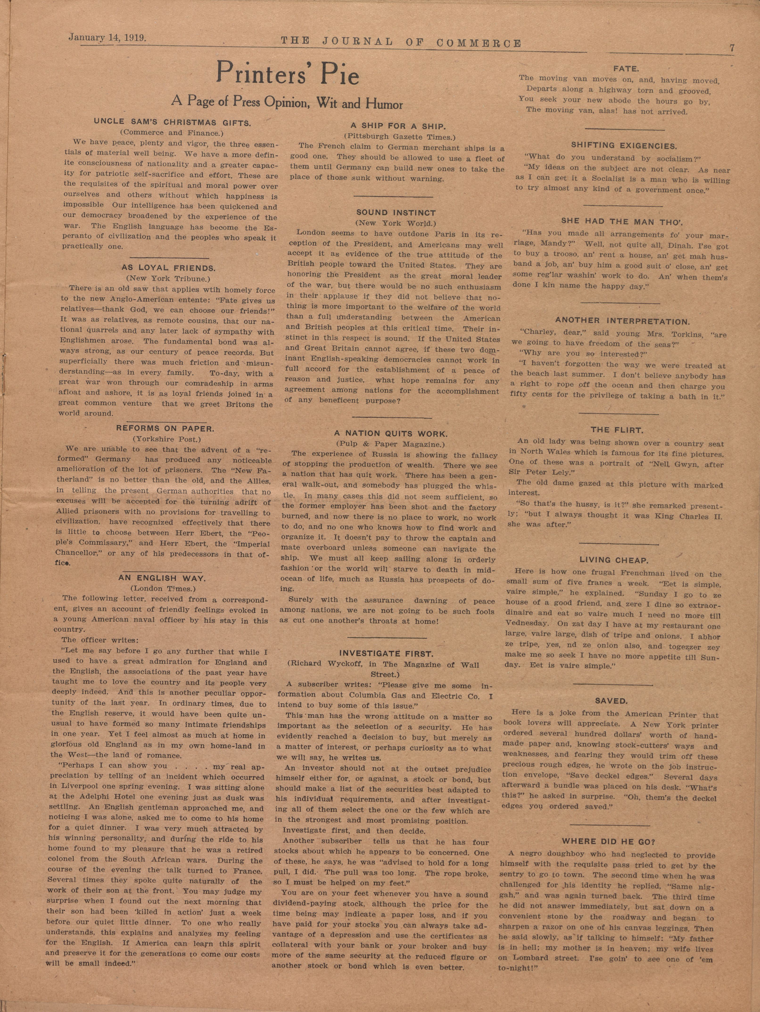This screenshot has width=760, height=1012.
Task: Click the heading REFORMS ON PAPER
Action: pyautogui.click(x=165, y=429)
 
